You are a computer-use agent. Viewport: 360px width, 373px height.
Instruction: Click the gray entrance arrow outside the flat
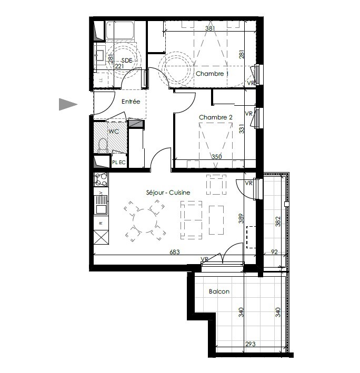68,104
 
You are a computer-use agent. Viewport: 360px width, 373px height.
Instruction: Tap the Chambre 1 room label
212,74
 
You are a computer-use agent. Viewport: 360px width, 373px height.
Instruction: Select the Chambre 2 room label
216,117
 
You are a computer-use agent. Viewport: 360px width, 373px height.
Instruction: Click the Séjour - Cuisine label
168,193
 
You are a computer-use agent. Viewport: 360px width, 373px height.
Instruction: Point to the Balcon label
219,291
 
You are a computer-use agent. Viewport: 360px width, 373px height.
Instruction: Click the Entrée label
131,102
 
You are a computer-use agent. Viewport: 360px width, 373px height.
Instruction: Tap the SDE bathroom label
127,61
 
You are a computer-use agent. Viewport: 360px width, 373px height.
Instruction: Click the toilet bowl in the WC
103,145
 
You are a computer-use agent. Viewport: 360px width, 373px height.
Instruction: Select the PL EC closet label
119,163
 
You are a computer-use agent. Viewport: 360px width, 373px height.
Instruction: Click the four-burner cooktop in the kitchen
101,179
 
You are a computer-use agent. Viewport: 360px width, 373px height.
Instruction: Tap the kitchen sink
101,205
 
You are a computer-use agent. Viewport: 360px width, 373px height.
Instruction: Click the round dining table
145,221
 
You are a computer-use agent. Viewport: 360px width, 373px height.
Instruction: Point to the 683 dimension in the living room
175,251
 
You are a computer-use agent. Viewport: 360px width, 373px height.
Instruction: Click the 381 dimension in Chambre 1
210,28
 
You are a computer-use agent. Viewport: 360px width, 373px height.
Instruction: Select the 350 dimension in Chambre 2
216,157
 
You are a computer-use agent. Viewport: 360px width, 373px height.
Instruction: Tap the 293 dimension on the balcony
251,344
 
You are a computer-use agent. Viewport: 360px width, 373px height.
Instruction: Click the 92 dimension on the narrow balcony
274,251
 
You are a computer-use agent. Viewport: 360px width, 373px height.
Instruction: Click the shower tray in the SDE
120,30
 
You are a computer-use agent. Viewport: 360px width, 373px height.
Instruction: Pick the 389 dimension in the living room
241,218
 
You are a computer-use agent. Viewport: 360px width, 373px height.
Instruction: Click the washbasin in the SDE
99,55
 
